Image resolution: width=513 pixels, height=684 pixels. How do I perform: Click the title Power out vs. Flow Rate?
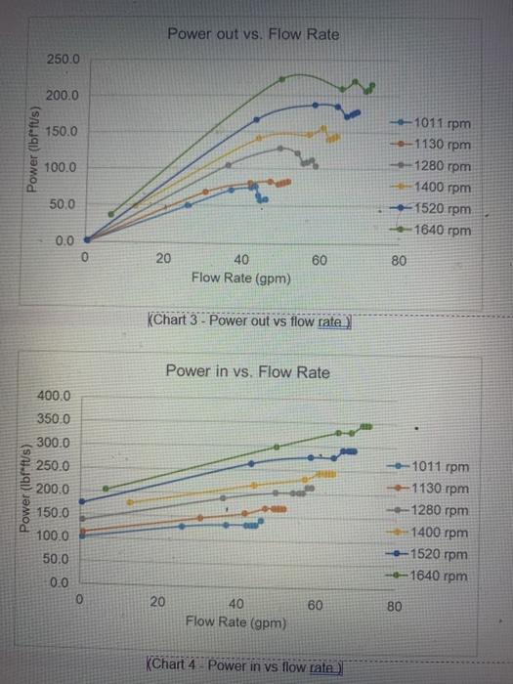[x=253, y=34]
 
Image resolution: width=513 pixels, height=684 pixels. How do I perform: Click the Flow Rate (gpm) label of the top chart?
[x=240, y=278]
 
